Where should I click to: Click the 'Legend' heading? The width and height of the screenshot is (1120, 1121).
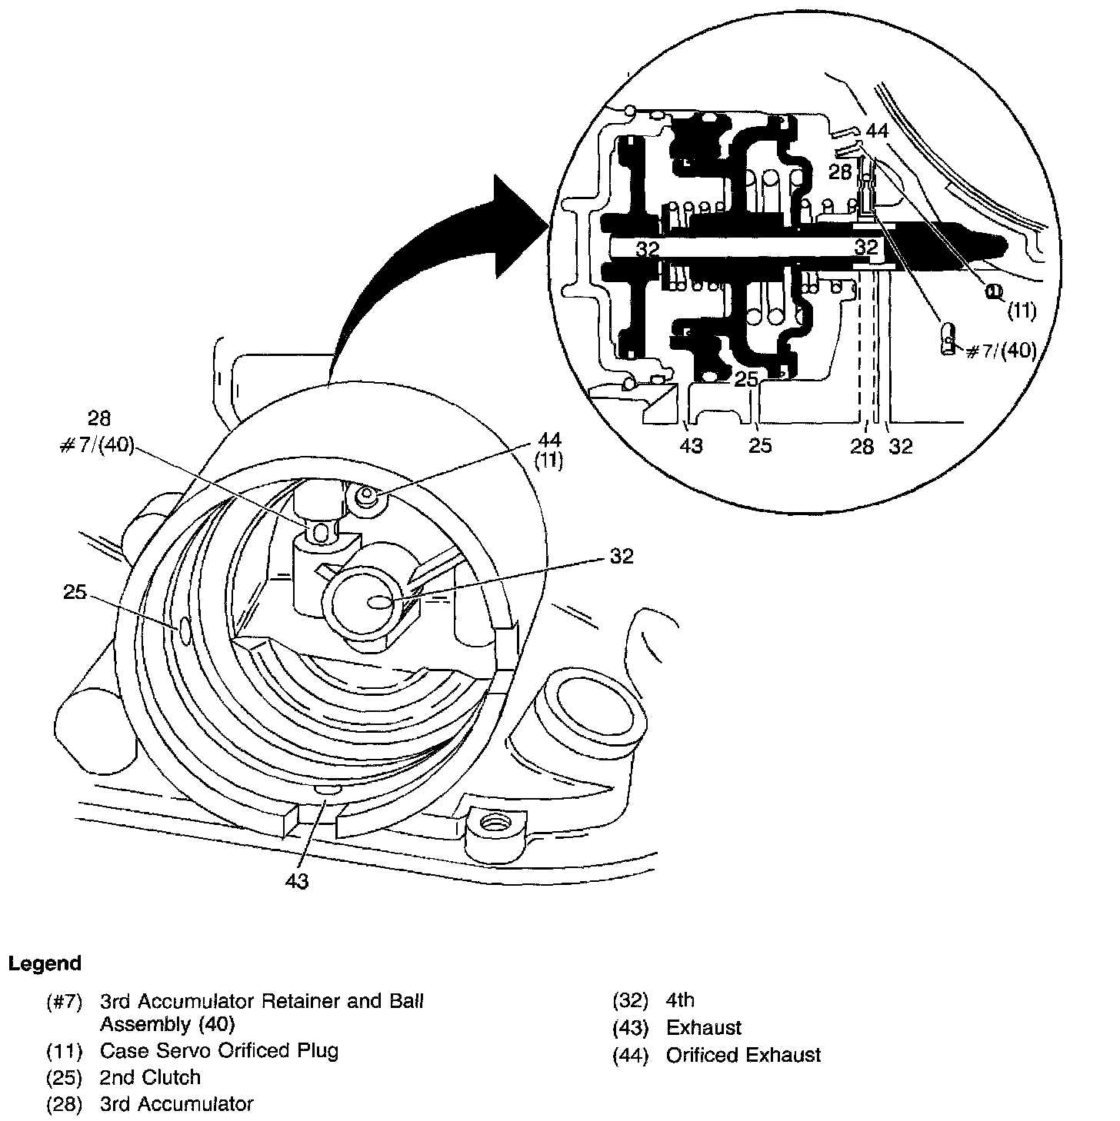click(x=45, y=963)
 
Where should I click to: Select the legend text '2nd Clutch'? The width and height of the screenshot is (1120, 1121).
click(x=150, y=1077)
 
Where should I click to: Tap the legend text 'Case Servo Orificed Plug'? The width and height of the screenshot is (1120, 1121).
click(x=219, y=1050)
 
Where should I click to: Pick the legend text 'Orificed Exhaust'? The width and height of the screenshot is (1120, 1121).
click(x=743, y=1055)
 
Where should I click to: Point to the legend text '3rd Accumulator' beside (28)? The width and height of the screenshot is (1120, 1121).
click(x=176, y=1104)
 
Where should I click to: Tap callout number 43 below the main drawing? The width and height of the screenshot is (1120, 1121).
click(x=296, y=881)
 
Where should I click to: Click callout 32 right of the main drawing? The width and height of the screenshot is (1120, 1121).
click(x=621, y=556)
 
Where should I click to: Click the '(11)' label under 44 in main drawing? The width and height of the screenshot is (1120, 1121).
click(x=551, y=462)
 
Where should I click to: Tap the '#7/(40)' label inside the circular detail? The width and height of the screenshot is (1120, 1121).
click(x=1001, y=351)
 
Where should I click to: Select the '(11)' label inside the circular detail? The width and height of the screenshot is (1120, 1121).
click(x=1023, y=311)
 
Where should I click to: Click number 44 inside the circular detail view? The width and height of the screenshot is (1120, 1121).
click(x=876, y=131)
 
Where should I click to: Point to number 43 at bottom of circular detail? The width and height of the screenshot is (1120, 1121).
click(x=692, y=446)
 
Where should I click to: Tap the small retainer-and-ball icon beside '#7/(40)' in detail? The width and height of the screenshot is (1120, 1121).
click(x=949, y=338)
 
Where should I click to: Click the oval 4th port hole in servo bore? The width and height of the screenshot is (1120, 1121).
click(x=380, y=601)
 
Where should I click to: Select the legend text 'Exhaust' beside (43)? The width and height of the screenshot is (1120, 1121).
click(x=704, y=1028)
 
